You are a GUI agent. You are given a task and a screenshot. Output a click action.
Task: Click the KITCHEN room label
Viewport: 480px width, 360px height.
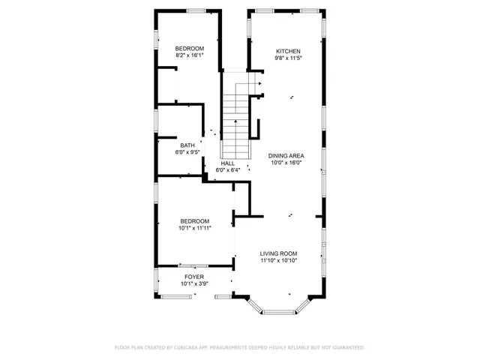tap(287, 51)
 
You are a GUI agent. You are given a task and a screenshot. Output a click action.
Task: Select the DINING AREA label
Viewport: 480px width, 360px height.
tap(286, 155)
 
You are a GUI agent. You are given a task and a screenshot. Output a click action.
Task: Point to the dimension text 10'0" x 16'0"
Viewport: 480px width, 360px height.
tap(286, 162)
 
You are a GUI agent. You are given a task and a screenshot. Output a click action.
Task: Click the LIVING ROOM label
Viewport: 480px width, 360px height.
tap(279, 253)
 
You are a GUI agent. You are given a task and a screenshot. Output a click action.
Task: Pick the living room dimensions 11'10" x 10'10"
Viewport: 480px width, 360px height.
tap(279, 260)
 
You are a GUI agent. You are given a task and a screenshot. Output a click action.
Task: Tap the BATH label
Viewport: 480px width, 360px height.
tap(187, 145)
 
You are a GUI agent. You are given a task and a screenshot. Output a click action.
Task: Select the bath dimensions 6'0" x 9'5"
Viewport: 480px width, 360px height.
tap(187, 152)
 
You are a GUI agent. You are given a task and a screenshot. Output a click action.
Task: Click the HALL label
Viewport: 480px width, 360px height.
tap(227, 163)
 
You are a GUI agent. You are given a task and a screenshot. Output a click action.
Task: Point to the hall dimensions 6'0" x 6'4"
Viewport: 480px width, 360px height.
tap(227, 170)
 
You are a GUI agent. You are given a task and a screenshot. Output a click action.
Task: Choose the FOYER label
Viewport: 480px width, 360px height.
tap(193, 277)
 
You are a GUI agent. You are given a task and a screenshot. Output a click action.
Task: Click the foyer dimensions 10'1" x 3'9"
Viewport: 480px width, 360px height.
tap(193, 283)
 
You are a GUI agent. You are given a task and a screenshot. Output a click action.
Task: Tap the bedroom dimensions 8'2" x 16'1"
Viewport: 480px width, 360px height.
tap(190, 55)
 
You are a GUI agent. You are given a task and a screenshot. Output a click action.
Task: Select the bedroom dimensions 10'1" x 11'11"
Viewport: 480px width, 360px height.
tap(195, 227)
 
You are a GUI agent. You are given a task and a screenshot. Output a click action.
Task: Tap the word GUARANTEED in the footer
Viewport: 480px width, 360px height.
tap(347, 348)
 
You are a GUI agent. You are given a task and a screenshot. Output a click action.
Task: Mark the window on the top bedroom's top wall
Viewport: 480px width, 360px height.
tap(196, 10)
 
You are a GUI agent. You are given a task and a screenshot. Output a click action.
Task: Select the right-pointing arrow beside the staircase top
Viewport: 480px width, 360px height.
tap(259, 83)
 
